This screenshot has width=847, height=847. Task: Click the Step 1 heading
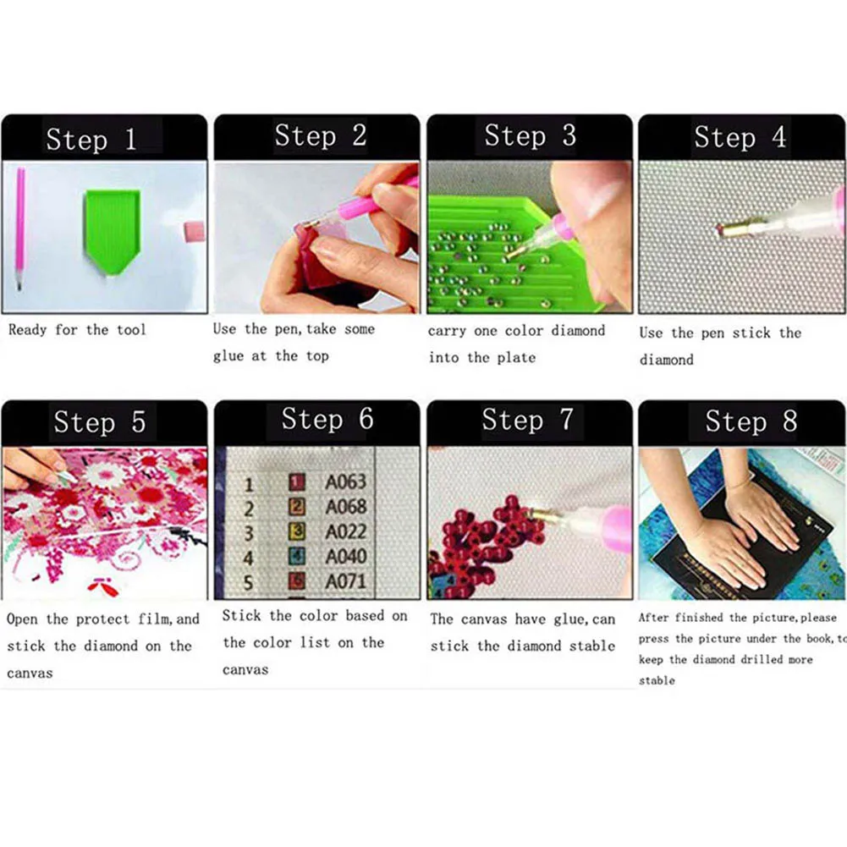[x=91, y=140]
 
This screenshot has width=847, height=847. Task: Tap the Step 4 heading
[x=740, y=137]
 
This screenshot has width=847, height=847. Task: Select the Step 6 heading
[x=327, y=419]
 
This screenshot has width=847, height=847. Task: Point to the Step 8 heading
[x=751, y=421]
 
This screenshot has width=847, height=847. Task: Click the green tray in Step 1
[x=113, y=231]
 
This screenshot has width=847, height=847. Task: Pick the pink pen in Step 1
[x=20, y=228]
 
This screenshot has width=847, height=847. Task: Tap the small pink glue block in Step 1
[x=195, y=231]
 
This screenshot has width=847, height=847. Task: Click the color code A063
[x=346, y=481]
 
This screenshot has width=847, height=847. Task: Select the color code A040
[x=346, y=557]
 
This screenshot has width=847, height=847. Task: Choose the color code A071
[x=346, y=581]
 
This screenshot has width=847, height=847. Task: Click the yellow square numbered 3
[x=297, y=531]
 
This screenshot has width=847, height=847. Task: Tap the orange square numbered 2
[x=297, y=507]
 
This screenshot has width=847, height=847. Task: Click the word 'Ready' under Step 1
[x=28, y=330]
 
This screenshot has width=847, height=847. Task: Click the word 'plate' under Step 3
[x=516, y=358]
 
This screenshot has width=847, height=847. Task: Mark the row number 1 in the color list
[x=249, y=484]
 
